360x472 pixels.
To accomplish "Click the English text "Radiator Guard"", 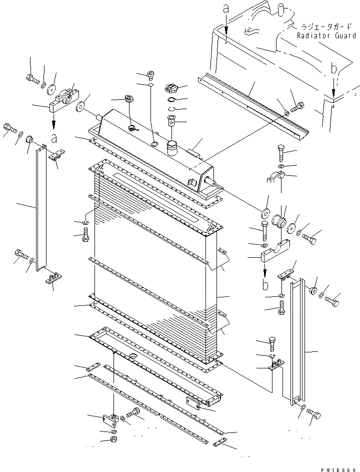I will pos(326,36).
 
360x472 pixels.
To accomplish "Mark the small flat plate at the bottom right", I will pos(219,444).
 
